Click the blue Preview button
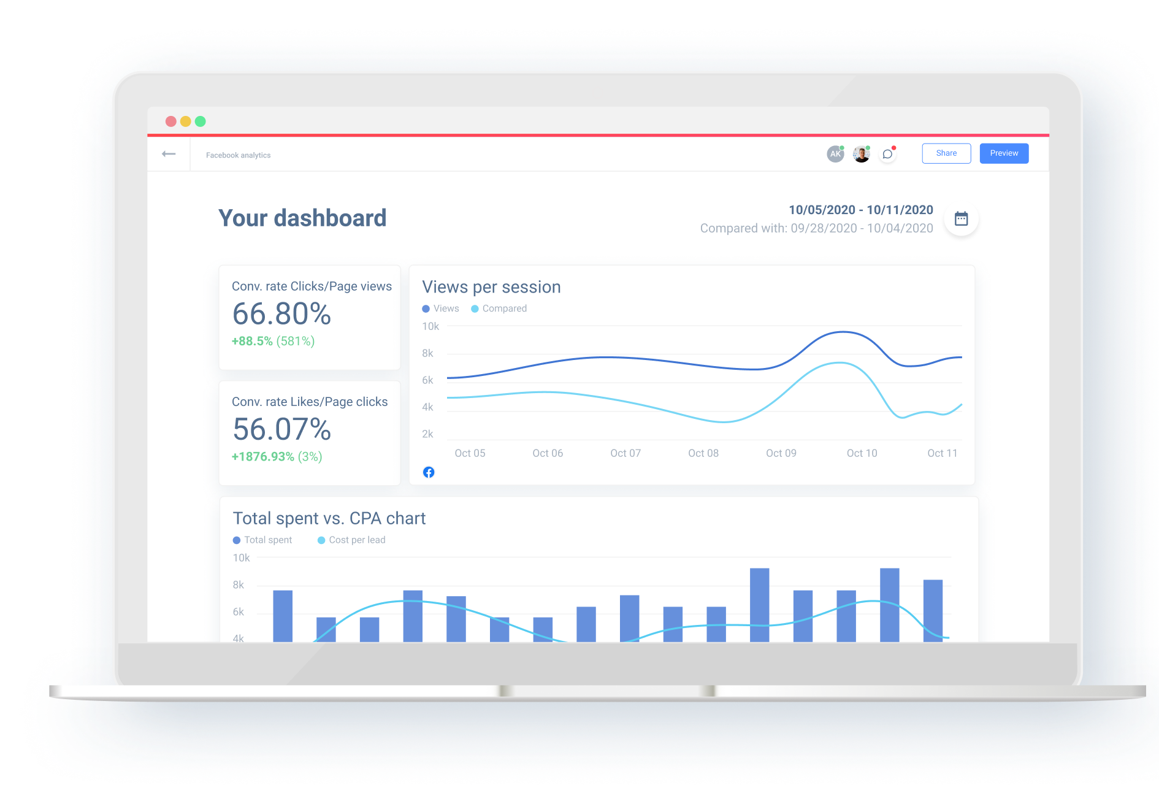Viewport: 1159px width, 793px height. [1003, 153]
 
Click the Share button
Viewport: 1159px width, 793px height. [946, 153]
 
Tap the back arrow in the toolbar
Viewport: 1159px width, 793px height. [169, 154]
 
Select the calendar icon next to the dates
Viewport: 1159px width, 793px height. [961, 219]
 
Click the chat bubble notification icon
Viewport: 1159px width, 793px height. [887, 154]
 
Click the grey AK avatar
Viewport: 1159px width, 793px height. [835, 154]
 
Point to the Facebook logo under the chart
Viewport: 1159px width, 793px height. [429, 472]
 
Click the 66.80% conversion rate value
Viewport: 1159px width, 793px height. [281, 314]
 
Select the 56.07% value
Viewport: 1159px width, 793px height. [281, 429]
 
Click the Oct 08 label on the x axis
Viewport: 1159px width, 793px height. [703, 453]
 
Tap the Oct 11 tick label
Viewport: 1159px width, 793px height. [942, 453]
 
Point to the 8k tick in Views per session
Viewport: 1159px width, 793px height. [427, 353]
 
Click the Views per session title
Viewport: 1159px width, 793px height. [491, 287]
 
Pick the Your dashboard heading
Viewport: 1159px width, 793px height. [302, 218]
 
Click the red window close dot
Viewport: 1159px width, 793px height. [171, 121]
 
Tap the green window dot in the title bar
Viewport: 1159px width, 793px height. [201, 121]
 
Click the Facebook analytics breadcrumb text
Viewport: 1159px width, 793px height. [238, 155]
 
